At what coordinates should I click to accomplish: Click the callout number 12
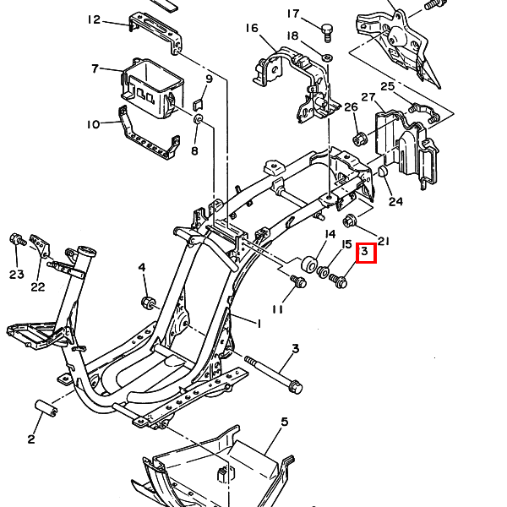[x=94, y=20]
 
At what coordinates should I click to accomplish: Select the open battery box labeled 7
[x=152, y=88]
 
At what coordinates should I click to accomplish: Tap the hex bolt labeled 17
[x=327, y=33]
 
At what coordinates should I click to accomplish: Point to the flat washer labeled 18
[x=328, y=57]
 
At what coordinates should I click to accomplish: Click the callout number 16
[x=252, y=29]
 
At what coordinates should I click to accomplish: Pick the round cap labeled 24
[x=383, y=172]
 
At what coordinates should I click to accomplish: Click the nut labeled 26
[x=358, y=139]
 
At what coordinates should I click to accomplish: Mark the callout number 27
[x=368, y=97]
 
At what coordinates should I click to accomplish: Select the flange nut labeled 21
[x=349, y=221]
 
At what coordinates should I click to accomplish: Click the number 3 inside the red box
[x=365, y=251]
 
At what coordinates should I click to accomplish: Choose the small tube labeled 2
[x=46, y=409]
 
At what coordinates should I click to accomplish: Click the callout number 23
[x=17, y=275]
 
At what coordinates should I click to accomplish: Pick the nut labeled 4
[x=148, y=303]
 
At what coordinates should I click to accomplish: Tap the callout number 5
[x=284, y=422]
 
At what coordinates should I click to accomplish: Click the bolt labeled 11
[x=298, y=281]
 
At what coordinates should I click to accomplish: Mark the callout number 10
[x=93, y=124]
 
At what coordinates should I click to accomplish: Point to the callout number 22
[x=37, y=287]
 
